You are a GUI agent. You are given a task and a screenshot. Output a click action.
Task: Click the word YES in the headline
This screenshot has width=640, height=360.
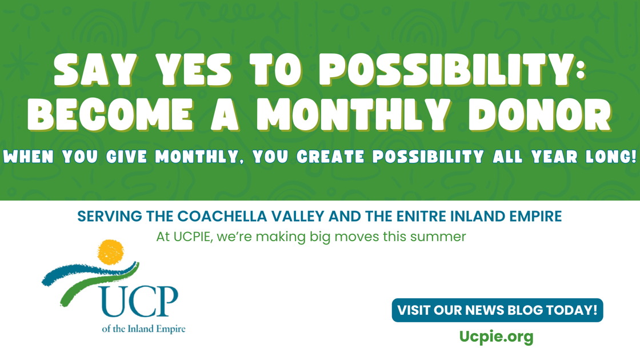194,70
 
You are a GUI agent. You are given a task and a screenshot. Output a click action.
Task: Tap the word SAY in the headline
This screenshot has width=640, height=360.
95,70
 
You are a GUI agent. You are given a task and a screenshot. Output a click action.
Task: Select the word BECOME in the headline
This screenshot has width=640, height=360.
110,114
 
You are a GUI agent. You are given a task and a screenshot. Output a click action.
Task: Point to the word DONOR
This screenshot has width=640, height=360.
540,114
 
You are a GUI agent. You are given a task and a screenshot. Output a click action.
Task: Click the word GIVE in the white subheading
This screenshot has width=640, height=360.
126,157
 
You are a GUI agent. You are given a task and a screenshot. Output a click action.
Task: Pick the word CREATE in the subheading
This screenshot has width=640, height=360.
331,157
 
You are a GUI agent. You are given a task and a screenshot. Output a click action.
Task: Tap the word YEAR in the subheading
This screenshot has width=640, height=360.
555,157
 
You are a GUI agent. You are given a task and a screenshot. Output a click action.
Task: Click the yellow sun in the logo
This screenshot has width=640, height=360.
111,252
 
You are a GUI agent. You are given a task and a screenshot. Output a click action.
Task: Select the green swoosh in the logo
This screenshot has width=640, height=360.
98,282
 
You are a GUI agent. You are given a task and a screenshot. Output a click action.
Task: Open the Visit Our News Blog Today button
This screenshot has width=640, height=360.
497,310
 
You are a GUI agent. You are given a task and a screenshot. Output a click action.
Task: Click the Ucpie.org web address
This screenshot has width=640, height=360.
497,337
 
